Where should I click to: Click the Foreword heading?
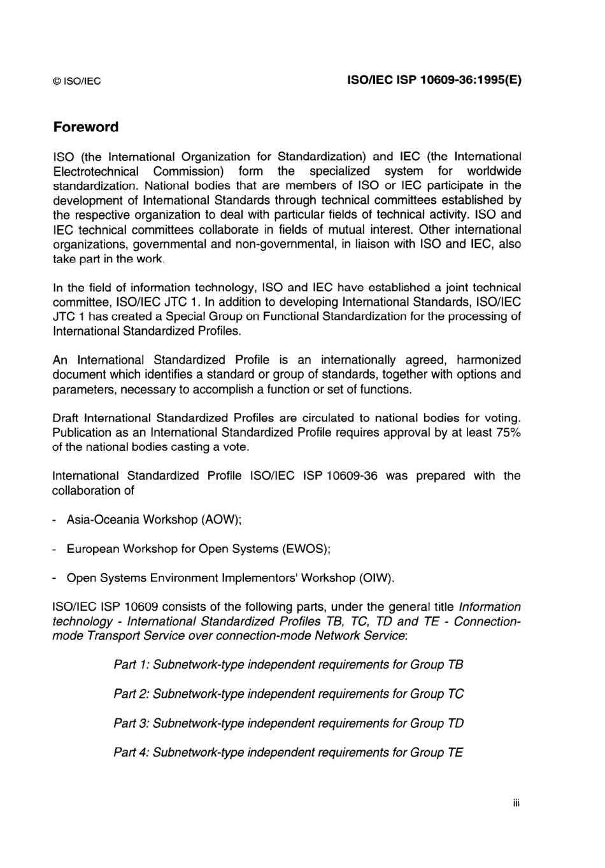[x=86, y=127]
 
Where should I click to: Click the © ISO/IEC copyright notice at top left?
[x=76, y=82]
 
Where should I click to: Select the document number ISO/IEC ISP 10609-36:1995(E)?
[x=434, y=81]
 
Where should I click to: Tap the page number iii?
[x=516, y=804]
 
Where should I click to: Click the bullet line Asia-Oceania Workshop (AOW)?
[x=154, y=520]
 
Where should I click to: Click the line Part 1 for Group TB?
[x=288, y=665]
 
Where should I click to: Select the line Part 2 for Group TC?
[x=288, y=694]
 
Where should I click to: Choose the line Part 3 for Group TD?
[x=288, y=723]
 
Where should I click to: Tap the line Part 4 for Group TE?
[x=288, y=753]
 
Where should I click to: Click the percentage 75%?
[x=508, y=432]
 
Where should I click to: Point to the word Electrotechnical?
[x=96, y=171]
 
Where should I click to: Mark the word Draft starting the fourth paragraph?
[x=66, y=418]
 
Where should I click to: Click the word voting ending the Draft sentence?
[x=501, y=418]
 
